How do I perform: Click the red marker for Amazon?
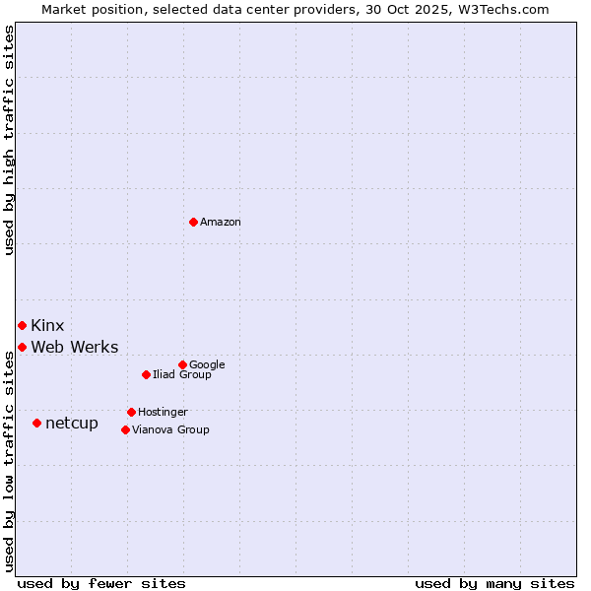pos(193,222)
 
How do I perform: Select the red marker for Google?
pos(182,364)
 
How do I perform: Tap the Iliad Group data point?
pos(146,374)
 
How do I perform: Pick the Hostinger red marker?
pos(131,412)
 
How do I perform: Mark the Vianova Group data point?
pos(125,429)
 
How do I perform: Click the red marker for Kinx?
pos(22,325)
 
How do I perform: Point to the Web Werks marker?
pos(22,347)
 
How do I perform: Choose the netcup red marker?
pos(36,423)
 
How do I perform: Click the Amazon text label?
pos(221,223)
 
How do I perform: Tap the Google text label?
pos(207,364)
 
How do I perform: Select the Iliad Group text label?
pos(182,374)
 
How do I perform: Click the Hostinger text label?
pos(163,412)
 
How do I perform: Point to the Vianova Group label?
pos(170,429)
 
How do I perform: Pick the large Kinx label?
pos(47,325)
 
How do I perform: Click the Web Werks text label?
pos(75,347)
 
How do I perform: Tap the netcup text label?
pos(72,424)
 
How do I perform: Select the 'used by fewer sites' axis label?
pos(101,583)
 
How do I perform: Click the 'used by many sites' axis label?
pos(494,583)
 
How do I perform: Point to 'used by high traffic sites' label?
pos(10,140)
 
